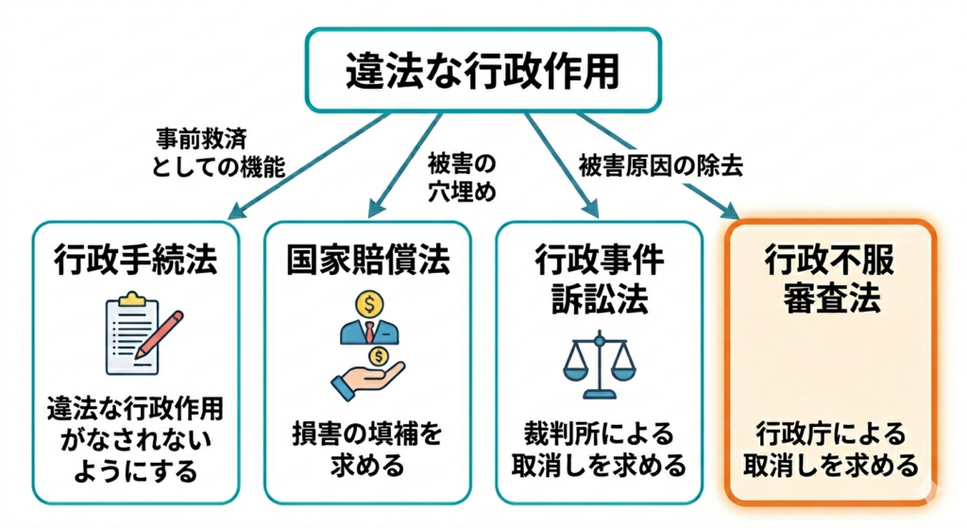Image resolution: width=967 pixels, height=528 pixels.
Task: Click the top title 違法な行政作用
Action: click(x=482, y=70)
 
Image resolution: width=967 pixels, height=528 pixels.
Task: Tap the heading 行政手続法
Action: click(x=134, y=260)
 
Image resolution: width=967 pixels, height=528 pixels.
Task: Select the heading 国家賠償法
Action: click(x=367, y=260)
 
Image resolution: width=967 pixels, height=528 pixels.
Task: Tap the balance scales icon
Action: click(x=599, y=363)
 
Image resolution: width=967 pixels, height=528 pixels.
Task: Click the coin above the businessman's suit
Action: click(x=368, y=303)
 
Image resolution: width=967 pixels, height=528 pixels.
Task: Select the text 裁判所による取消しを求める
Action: click(x=599, y=448)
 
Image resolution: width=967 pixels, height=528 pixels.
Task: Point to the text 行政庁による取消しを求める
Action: click(x=830, y=448)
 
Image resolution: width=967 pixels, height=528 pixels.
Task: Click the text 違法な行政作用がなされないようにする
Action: click(x=134, y=442)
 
